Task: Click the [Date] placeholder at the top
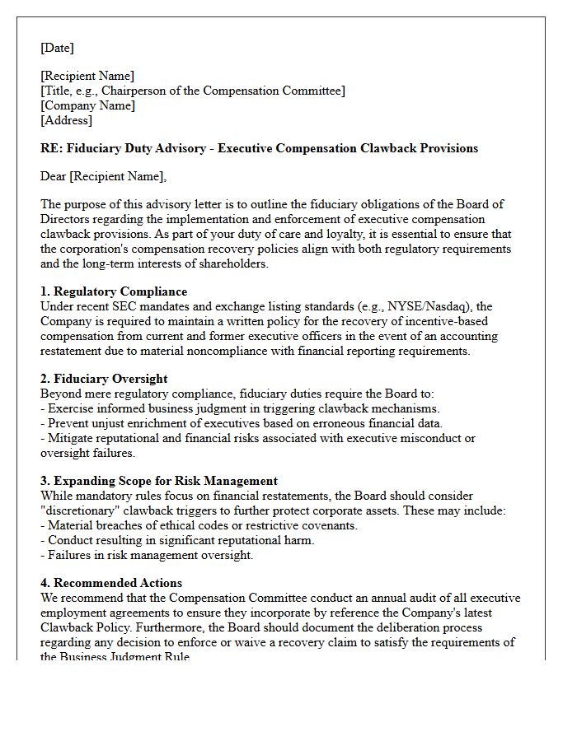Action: [x=57, y=48]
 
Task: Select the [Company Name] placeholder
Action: [x=87, y=105]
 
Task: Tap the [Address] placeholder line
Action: [x=66, y=120]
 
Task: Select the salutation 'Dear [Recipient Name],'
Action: [x=103, y=176]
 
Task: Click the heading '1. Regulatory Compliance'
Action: [x=114, y=291]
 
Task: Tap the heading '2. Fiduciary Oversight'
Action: [x=104, y=379]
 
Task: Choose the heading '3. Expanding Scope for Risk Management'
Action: [x=159, y=481]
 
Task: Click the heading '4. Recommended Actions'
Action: [x=111, y=583]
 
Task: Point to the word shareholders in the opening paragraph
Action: [x=232, y=263]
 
